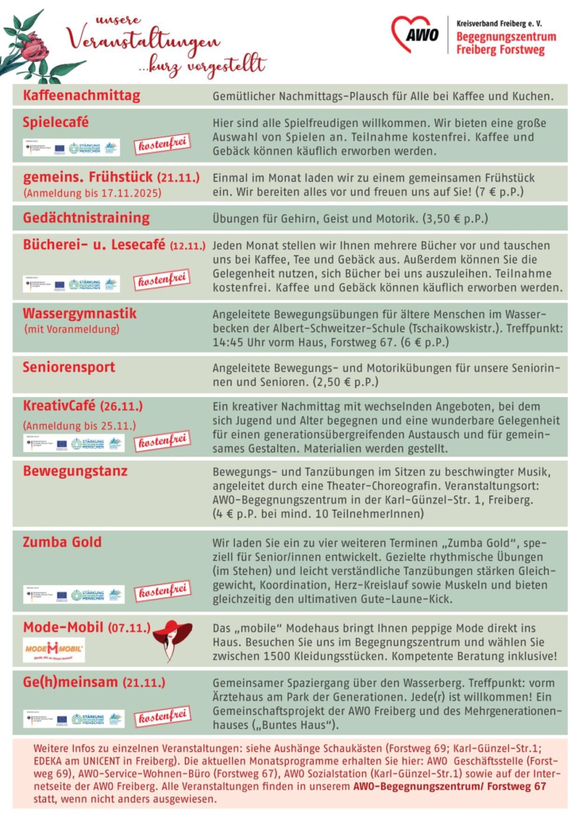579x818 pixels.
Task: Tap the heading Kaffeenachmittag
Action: tap(81, 95)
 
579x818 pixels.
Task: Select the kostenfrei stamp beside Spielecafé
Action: tap(162, 145)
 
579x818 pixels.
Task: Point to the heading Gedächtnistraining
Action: tap(86, 218)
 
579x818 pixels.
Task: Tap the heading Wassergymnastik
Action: tap(79, 314)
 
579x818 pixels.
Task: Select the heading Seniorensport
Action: tap(69, 367)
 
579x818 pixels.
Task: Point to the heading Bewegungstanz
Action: tap(75, 471)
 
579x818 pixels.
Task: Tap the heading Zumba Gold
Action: tap(62, 542)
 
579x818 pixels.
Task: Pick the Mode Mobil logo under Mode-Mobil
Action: tap(53, 650)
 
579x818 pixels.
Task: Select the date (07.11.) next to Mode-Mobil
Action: tap(129, 628)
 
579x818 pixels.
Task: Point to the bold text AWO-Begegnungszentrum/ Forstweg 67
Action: tap(450, 786)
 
